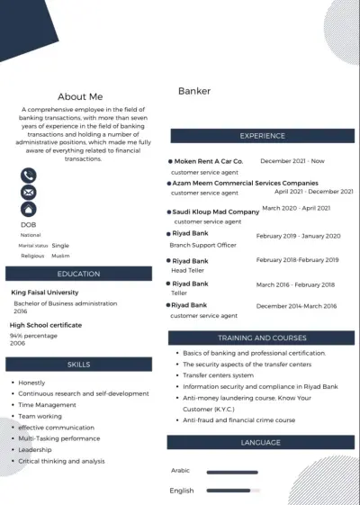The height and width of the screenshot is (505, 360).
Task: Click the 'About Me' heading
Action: pyautogui.click(x=80, y=96)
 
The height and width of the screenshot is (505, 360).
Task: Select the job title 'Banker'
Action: pyautogui.click(x=194, y=91)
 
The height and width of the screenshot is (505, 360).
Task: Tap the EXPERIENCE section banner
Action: pyautogui.click(x=261, y=136)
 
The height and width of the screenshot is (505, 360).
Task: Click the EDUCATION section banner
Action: pyautogui.click(x=78, y=274)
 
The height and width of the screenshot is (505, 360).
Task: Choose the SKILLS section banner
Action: pyautogui.click(x=78, y=365)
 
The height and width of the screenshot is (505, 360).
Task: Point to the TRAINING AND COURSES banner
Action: pyautogui.click(x=261, y=338)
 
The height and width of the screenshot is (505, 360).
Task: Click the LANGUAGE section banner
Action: pyautogui.click(x=261, y=443)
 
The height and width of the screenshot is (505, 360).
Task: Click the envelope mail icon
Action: pyautogui.click(x=29, y=193)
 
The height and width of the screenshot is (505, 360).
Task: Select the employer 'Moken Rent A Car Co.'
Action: pyautogui.click(x=209, y=161)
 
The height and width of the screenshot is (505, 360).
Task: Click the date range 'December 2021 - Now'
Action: pyautogui.click(x=292, y=161)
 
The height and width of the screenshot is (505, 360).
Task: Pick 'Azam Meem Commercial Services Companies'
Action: pyautogui.click(x=245, y=182)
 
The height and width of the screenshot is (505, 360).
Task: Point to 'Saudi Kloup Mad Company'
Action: pyautogui.click(x=216, y=212)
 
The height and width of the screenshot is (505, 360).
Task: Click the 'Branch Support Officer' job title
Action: pyautogui.click(x=203, y=245)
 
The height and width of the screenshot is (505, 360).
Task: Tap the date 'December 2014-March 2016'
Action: pyautogui.click(x=296, y=306)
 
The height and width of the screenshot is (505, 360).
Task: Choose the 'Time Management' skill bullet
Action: pyautogui.click(x=48, y=405)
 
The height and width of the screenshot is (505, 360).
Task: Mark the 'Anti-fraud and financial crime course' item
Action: pyautogui.click(x=238, y=419)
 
